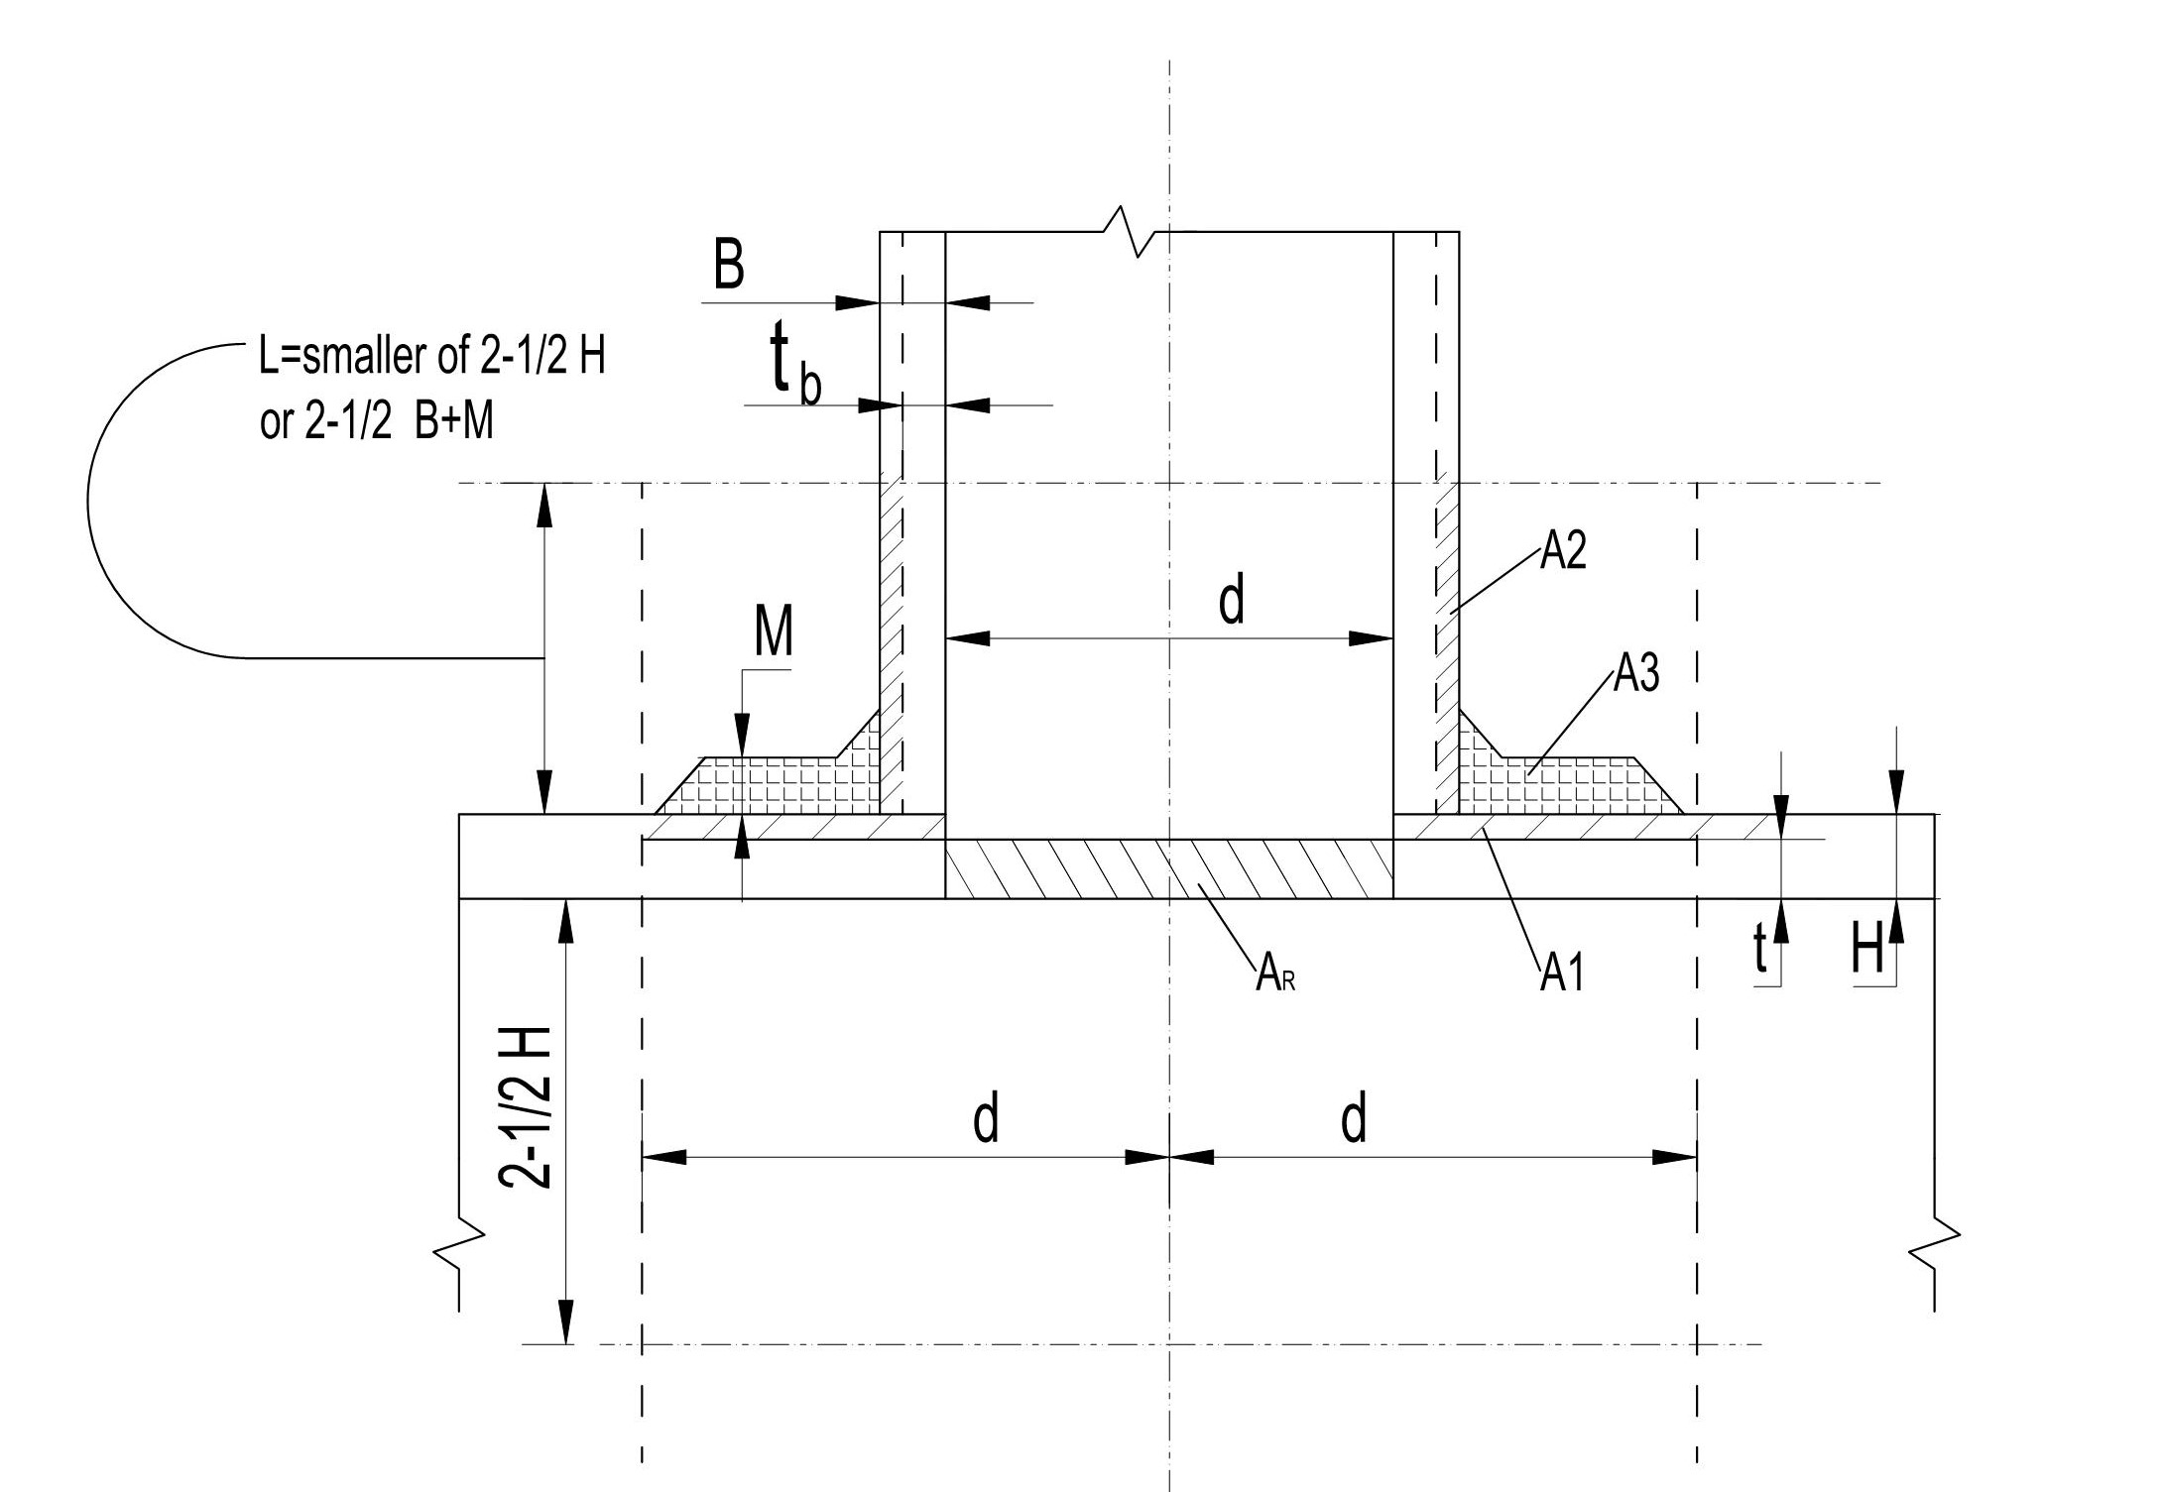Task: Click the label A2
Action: [x=1563, y=552]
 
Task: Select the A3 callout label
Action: [x=1635, y=674]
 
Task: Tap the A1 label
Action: [x=1562, y=976]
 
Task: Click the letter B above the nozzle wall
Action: [x=729, y=266]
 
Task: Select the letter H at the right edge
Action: [x=1867, y=953]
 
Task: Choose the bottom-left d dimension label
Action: [x=985, y=1119]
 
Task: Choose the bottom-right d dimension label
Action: [x=1354, y=1119]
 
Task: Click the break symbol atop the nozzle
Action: [x=1133, y=232]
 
